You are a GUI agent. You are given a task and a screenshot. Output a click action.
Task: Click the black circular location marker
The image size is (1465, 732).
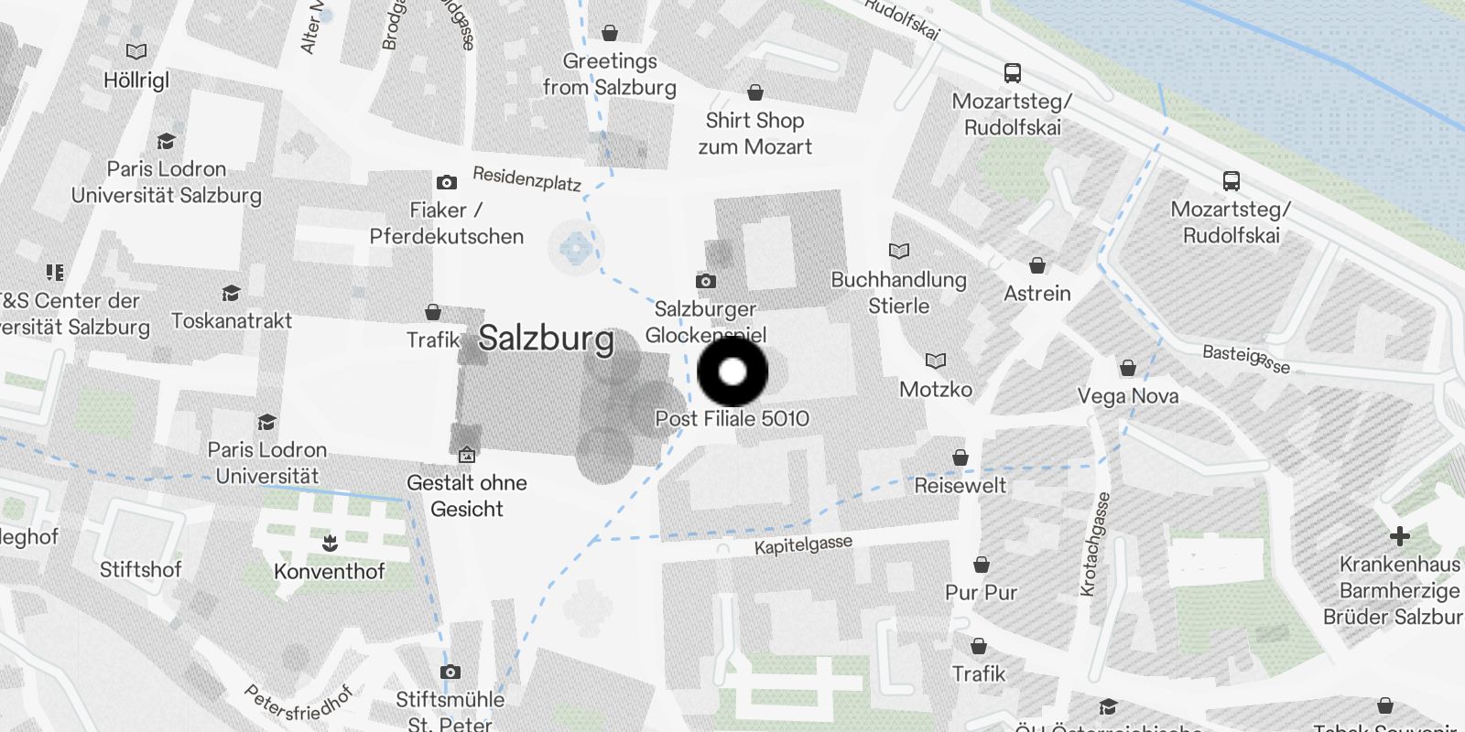coord(732,372)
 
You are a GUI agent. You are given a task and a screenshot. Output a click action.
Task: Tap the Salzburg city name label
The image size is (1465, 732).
coord(546,339)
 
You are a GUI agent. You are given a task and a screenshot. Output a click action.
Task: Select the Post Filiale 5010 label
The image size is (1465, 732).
coord(732,419)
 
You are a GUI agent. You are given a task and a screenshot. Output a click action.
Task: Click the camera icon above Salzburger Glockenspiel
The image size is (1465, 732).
coord(705,281)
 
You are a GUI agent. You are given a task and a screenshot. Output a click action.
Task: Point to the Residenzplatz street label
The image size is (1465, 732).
coord(526,178)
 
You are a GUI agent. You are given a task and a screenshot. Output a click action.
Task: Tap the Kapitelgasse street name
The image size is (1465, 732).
coord(803,544)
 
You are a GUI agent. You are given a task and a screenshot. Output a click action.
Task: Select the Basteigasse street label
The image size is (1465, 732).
coord(1245,359)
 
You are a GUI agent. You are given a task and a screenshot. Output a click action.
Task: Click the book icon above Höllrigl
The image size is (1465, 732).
coord(136,52)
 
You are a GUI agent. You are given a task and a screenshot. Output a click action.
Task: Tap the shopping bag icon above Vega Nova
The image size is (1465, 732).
coord(1128,368)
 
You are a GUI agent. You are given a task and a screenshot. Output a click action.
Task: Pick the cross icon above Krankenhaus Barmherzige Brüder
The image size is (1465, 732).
coord(1399,535)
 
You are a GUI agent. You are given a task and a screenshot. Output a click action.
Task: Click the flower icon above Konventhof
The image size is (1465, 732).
coord(330,544)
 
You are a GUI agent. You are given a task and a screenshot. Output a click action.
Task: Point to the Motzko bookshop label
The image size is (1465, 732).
coord(936,390)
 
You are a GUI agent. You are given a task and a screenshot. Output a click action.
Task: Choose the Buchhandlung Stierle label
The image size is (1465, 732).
coord(898,293)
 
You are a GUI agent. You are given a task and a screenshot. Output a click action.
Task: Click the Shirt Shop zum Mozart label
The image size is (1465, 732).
coord(754,134)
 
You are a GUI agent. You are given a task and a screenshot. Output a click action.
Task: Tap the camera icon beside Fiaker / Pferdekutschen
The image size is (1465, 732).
coord(447,182)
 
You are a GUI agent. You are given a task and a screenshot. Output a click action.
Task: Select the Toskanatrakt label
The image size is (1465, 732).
coord(232,321)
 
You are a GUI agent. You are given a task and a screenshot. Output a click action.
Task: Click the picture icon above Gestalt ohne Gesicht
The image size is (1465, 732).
coord(466,454)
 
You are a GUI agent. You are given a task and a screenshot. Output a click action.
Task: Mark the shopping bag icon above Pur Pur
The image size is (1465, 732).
coord(982,565)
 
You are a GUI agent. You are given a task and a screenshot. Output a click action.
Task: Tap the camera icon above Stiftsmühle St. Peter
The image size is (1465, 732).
coord(450,673)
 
